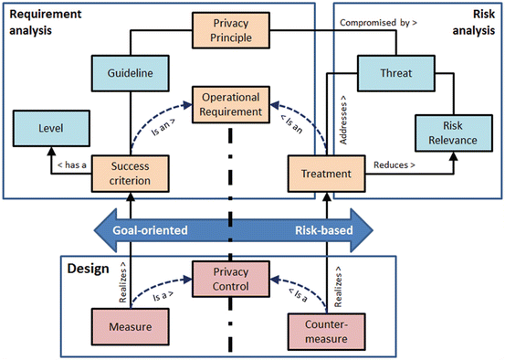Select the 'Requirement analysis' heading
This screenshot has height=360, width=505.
[41, 21]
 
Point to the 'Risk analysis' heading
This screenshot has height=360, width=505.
[475, 21]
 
